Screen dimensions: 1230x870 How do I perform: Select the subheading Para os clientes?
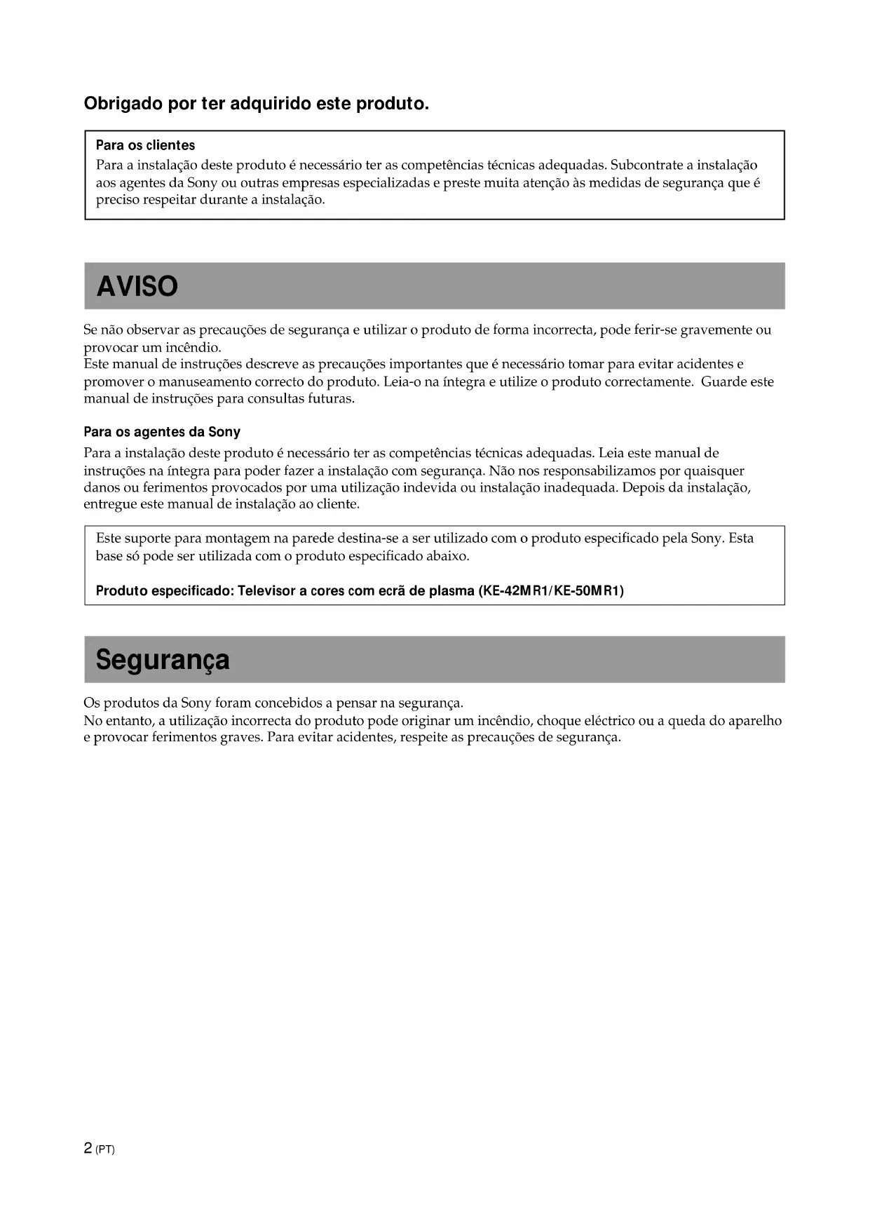click(x=145, y=145)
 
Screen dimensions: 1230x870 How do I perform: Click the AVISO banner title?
click(x=137, y=286)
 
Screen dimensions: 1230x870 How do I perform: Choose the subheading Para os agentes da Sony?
click(x=162, y=432)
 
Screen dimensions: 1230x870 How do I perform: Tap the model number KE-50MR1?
click(x=589, y=590)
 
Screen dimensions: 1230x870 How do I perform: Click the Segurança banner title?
click(x=163, y=660)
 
